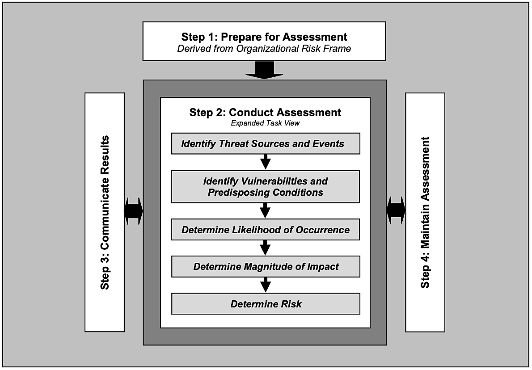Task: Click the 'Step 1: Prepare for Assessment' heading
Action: tap(264, 36)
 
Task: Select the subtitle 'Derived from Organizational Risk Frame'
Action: tap(264, 49)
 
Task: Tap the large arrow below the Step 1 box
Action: tap(265, 70)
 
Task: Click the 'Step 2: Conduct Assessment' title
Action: tap(265, 112)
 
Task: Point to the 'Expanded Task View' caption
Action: tap(265, 123)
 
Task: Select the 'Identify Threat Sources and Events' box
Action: tap(266, 144)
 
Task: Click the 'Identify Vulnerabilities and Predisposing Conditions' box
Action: tap(266, 187)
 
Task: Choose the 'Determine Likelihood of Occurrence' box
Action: tap(266, 230)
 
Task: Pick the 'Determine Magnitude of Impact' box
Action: tap(266, 267)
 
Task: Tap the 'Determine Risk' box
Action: tap(266, 304)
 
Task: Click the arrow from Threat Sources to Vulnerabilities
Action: tap(266, 161)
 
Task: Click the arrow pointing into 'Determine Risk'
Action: tap(266, 285)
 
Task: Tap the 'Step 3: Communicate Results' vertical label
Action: tap(105, 212)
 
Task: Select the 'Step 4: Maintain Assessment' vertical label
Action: tap(425, 212)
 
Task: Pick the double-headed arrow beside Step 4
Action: tap(396, 210)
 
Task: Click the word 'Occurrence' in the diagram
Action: tap(326, 230)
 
